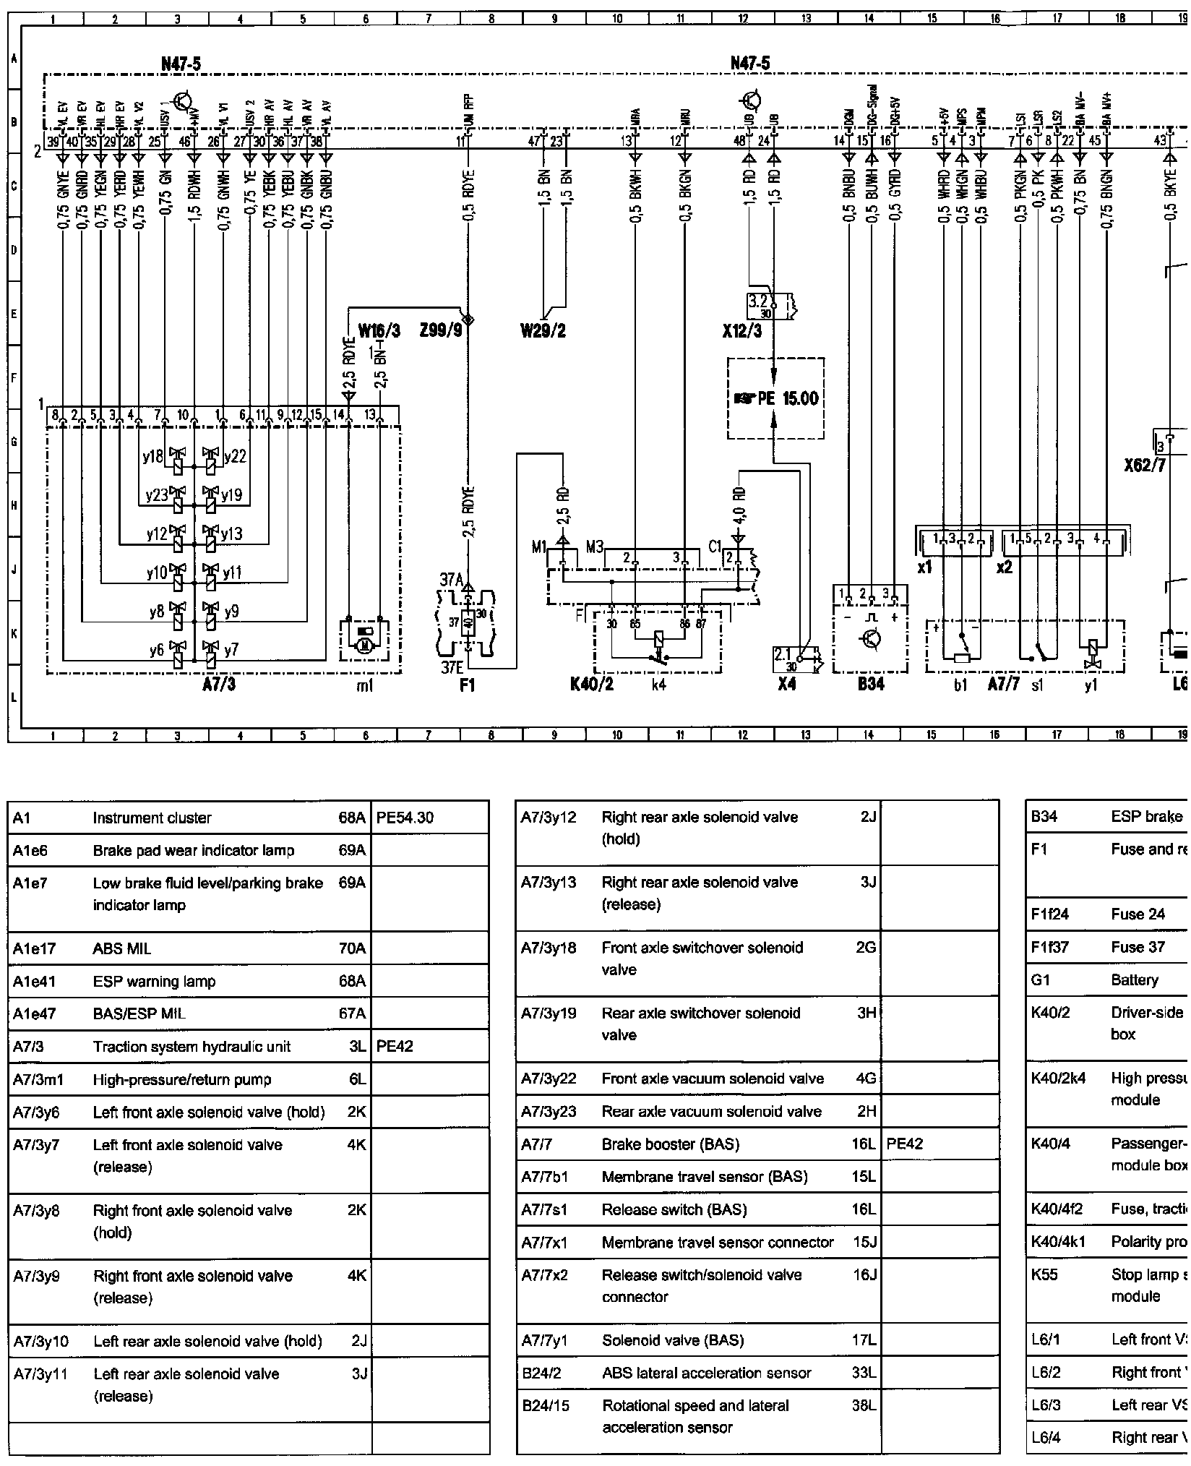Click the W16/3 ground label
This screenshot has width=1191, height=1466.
click(x=379, y=332)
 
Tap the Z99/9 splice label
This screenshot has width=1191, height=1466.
click(x=439, y=332)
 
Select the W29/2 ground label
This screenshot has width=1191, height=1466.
click(x=543, y=332)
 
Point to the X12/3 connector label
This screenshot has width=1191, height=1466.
click(x=741, y=332)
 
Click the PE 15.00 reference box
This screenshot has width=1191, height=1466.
click(x=775, y=398)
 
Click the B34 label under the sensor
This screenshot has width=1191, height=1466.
click(x=871, y=683)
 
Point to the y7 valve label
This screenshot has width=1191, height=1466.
click(x=231, y=650)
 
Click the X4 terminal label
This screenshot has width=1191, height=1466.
click(x=787, y=683)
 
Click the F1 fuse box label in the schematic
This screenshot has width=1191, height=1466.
click(x=468, y=683)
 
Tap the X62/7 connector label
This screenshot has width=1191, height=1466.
click(x=1145, y=465)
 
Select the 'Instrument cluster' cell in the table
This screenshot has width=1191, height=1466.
click(x=152, y=818)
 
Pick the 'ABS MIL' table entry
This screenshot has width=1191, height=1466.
click(x=122, y=948)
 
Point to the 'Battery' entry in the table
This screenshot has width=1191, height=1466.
click(x=1135, y=980)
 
